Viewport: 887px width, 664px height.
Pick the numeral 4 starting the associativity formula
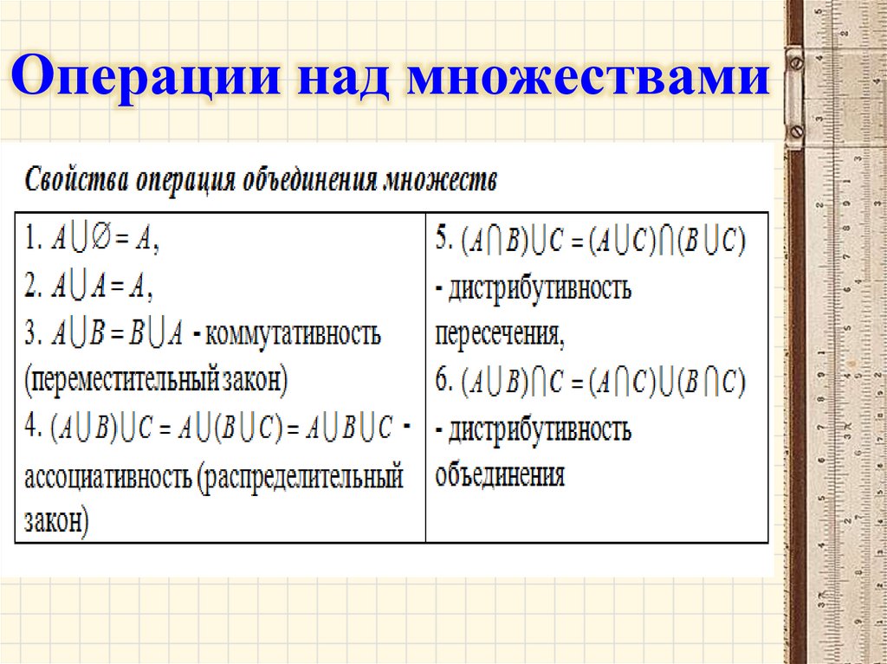pos(31,427)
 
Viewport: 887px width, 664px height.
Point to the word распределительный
pos(303,477)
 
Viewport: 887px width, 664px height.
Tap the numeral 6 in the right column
pos(444,381)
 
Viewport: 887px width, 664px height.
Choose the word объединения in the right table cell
pos(501,474)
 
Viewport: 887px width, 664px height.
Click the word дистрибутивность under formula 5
pos(540,288)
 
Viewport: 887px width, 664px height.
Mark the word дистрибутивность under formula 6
pos(540,429)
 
